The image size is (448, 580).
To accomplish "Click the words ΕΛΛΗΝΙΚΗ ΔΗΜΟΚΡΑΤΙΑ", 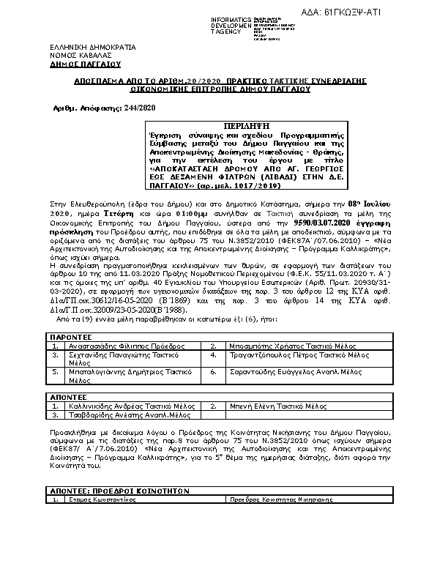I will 88,47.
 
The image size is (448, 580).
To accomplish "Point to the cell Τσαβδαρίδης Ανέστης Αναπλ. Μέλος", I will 118,414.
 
